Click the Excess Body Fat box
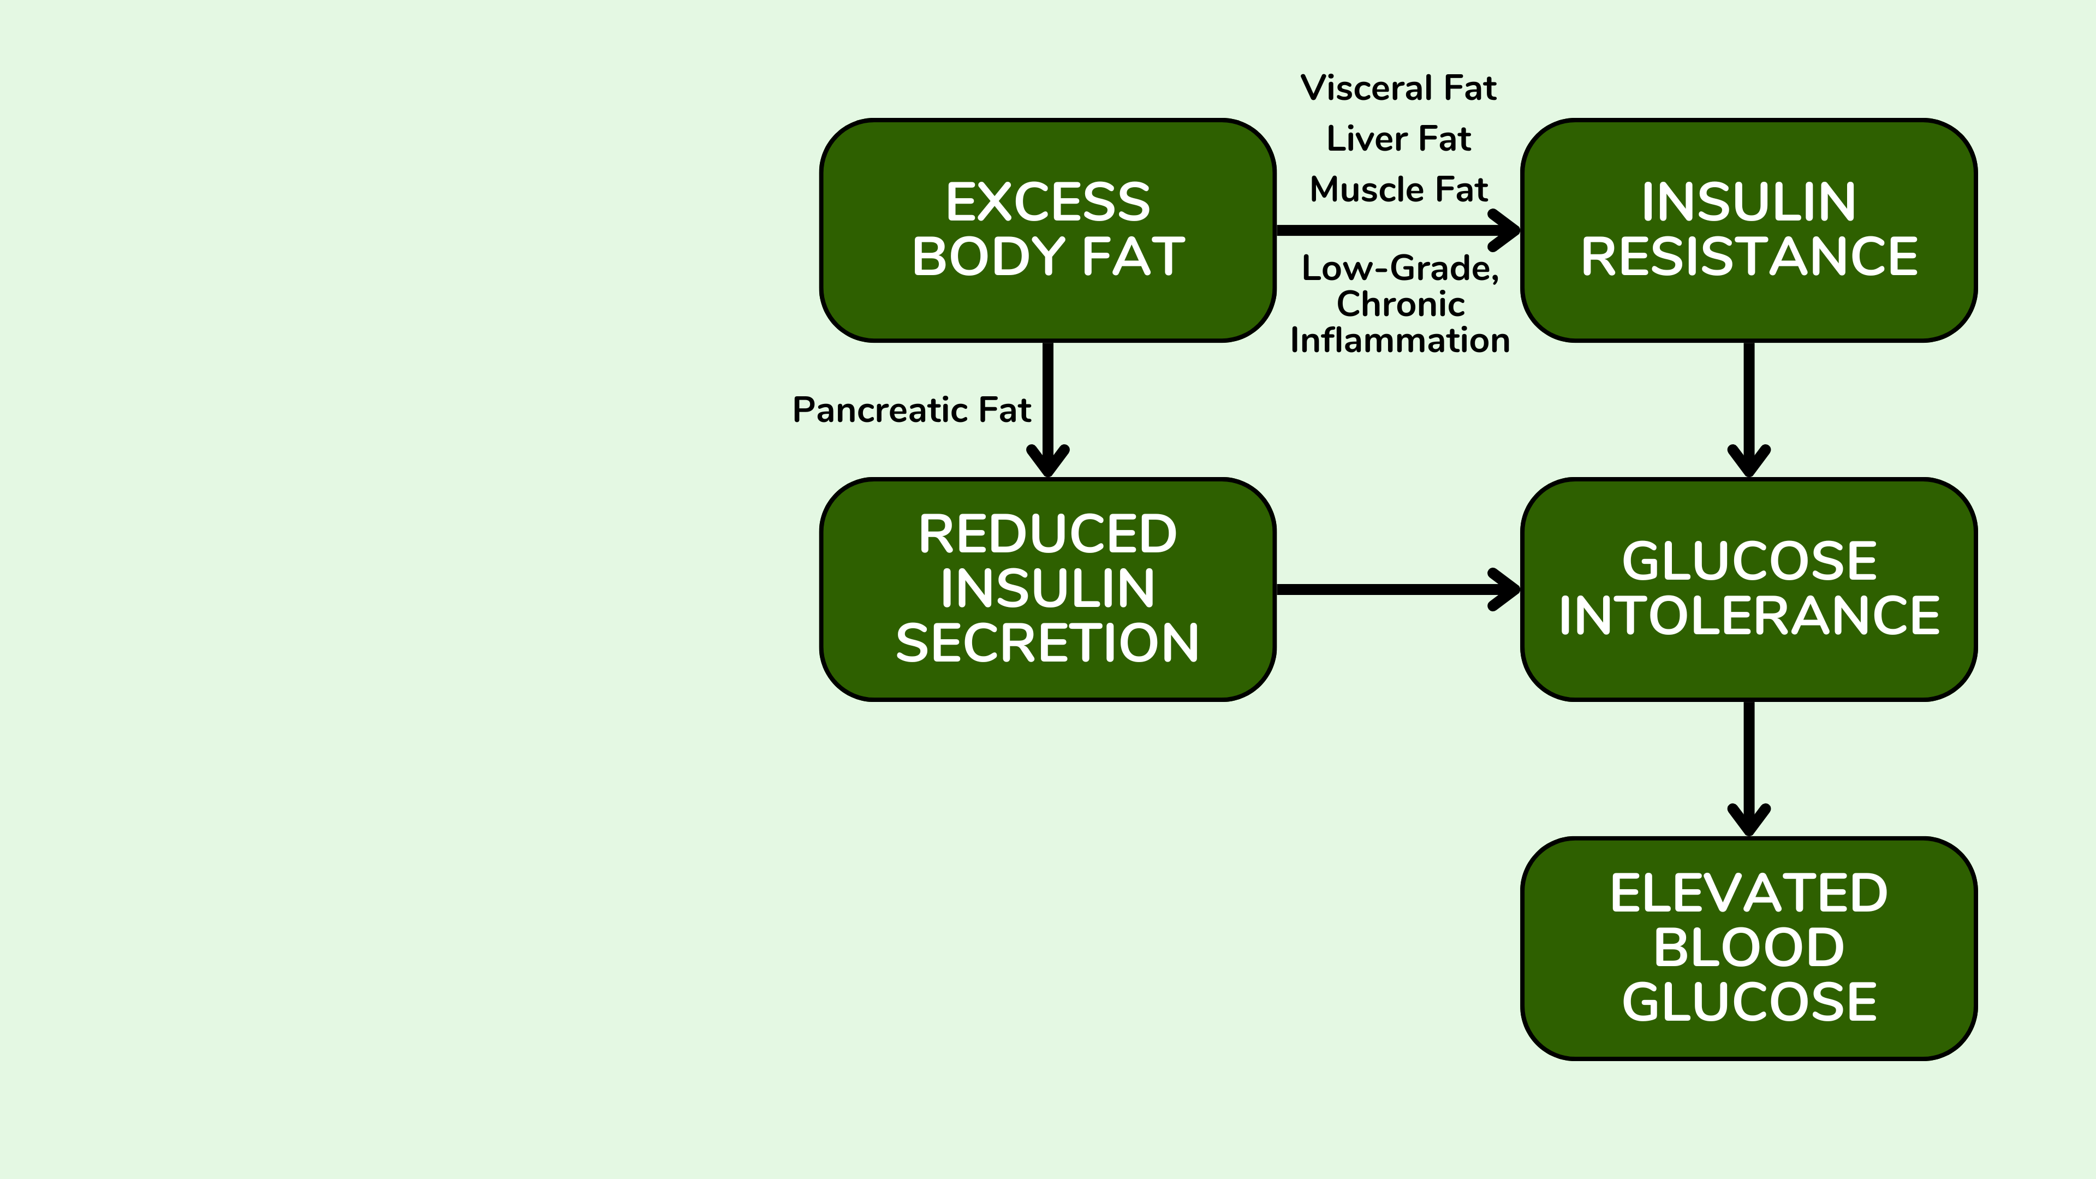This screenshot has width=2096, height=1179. [x=1048, y=230]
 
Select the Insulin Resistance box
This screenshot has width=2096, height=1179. [x=1748, y=230]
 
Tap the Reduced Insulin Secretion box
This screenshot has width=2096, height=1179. [x=1048, y=589]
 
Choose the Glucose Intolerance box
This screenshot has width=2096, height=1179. [x=1748, y=589]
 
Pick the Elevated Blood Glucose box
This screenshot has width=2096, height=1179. [x=1748, y=948]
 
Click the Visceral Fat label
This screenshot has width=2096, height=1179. [x=1398, y=88]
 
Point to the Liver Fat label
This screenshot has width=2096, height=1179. [x=1398, y=139]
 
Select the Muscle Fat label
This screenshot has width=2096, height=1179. [x=1398, y=189]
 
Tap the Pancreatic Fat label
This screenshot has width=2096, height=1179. [x=912, y=409]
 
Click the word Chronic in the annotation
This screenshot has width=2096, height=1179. [x=1400, y=305]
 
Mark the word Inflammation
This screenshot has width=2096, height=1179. [x=1400, y=340]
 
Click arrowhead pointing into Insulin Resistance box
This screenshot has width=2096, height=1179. [x=1505, y=230]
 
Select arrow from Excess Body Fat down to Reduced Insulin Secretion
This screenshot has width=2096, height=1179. [x=1048, y=407]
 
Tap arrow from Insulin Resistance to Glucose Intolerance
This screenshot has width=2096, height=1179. [x=1748, y=407]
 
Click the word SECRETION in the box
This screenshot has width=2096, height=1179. [x=1048, y=643]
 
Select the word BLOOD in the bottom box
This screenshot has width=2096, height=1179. [x=1748, y=948]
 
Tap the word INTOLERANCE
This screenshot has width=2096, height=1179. [x=1748, y=615]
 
